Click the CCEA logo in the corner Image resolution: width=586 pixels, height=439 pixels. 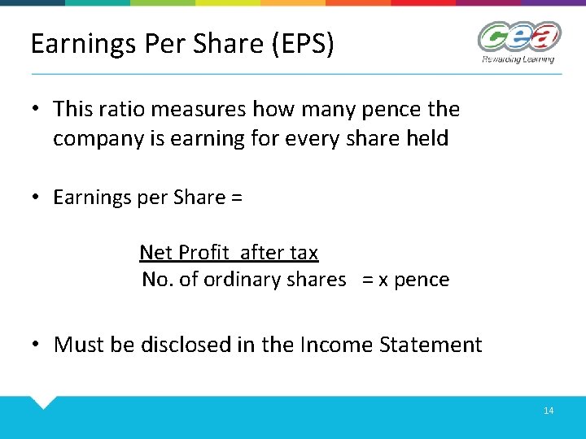pyautogui.click(x=519, y=37)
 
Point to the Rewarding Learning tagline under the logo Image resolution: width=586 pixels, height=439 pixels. pyautogui.click(x=518, y=59)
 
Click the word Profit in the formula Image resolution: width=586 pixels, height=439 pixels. pyautogui.click(x=206, y=253)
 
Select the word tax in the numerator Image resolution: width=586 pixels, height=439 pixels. pyautogui.click(x=302, y=253)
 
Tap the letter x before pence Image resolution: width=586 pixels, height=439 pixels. pyautogui.click(x=384, y=280)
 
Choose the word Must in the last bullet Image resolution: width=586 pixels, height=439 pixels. pyautogui.click(x=79, y=345)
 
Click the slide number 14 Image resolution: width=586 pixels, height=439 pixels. pyautogui.click(x=549, y=411)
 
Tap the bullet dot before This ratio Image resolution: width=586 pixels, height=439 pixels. pyautogui.click(x=37, y=109)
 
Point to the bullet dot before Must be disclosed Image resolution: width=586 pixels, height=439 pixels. pyautogui.click(x=37, y=345)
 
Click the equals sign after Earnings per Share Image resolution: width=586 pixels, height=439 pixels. pyautogui.click(x=236, y=198)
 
